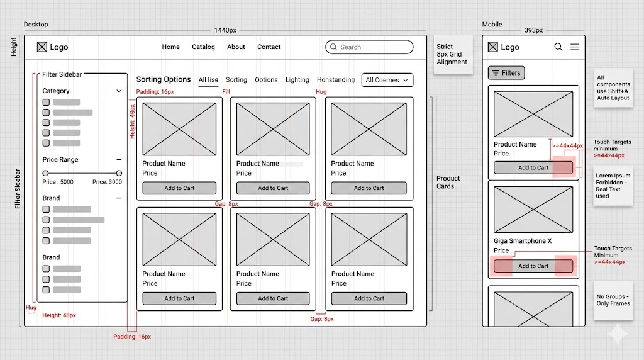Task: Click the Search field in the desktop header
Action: [x=369, y=47]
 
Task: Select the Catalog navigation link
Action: [x=203, y=47]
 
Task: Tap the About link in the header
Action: [x=236, y=47]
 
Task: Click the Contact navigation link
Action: [x=269, y=47]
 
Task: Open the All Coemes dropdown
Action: [x=387, y=80]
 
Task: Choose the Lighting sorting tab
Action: [x=297, y=80]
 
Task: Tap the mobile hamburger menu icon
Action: [x=575, y=47]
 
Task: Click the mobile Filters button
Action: [x=506, y=73]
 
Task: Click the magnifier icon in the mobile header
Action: [x=558, y=47]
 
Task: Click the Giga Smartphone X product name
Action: [x=523, y=241]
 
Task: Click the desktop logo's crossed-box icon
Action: [x=42, y=47]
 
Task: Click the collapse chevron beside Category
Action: [x=119, y=91]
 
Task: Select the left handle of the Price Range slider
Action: [x=45, y=173]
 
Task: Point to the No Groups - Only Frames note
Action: [x=613, y=300]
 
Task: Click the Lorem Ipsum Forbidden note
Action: [x=613, y=186]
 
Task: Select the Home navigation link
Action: [x=170, y=47]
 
